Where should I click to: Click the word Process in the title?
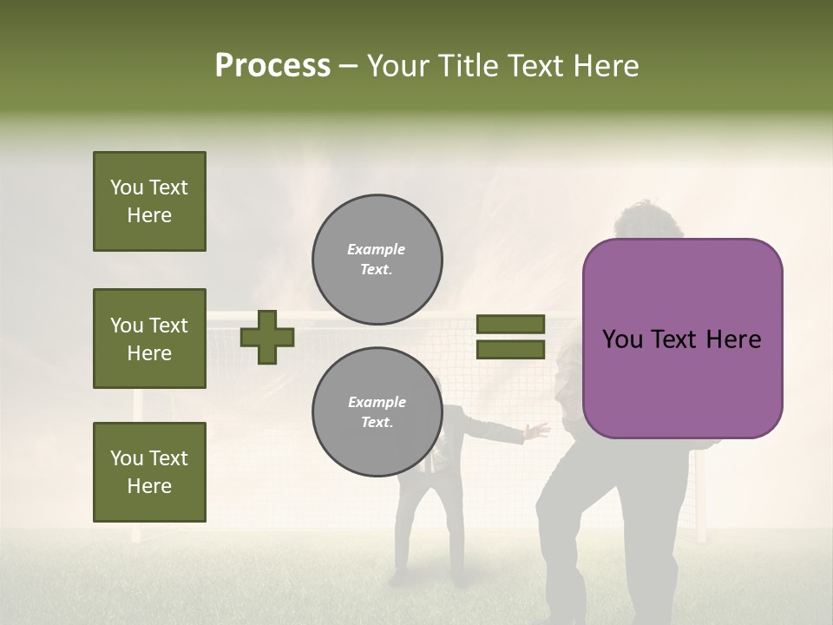(x=272, y=65)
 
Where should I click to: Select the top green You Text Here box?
(x=149, y=201)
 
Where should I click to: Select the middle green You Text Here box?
(x=149, y=339)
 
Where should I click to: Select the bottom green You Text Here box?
(x=149, y=471)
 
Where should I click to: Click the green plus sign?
(x=267, y=337)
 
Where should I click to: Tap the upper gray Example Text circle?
(x=377, y=260)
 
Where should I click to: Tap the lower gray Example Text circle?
(x=377, y=412)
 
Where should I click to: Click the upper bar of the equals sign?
(x=510, y=324)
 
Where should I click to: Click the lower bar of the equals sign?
(x=510, y=350)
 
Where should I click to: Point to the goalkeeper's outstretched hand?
(x=540, y=429)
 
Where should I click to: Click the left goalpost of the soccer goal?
(x=137, y=469)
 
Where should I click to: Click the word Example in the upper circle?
(x=377, y=249)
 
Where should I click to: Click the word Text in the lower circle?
(x=377, y=423)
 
